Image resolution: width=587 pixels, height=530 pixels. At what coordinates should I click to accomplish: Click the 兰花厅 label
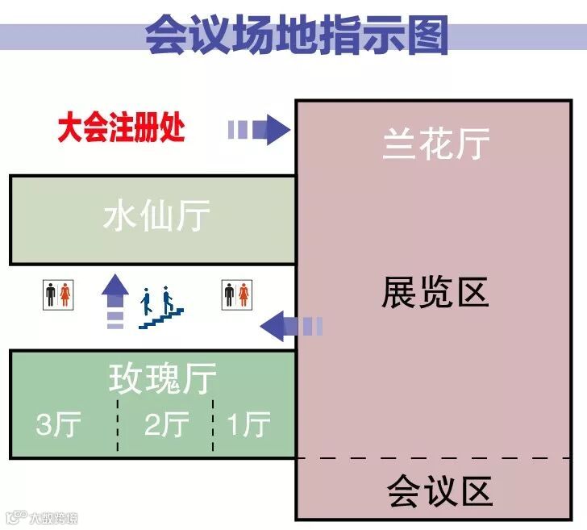click(436, 144)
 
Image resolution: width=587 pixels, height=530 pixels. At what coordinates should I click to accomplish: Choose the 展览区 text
click(435, 293)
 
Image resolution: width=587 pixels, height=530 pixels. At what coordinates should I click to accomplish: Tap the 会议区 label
click(439, 490)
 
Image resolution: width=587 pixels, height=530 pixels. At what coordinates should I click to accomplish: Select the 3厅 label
click(59, 425)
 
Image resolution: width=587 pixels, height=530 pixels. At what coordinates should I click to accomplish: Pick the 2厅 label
click(167, 425)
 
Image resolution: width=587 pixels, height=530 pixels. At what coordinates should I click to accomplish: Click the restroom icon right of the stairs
click(238, 293)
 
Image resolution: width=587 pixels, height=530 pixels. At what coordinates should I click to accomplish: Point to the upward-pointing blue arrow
click(115, 300)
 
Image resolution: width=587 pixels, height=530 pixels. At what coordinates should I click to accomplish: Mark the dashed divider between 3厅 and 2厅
click(119, 425)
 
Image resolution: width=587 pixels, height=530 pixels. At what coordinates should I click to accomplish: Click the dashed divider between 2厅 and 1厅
click(213, 425)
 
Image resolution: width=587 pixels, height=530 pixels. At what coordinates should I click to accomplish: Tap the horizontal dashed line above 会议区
click(439, 459)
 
